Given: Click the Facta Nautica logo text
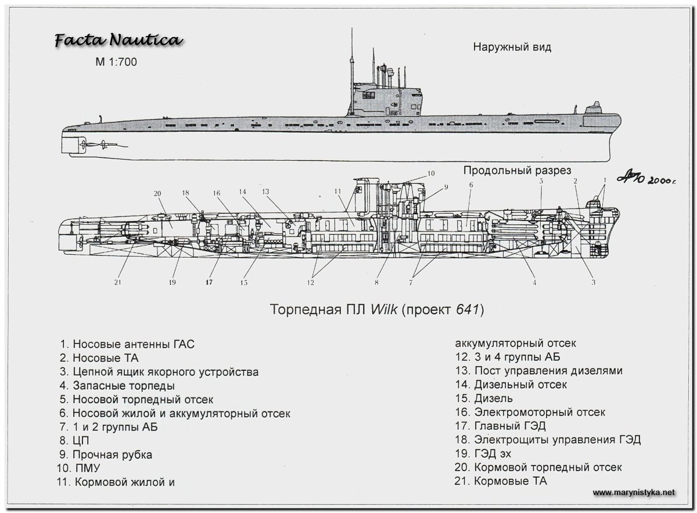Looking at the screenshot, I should pyautogui.click(x=118, y=41).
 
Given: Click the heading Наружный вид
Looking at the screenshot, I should pyautogui.click(x=511, y=48).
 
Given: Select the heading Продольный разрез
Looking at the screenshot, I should pyautogui.click(x=517, y=170).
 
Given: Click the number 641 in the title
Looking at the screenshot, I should pyautogui.click(x=466, y=310).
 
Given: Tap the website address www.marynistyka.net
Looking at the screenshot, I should pyautogui.click(x=634, y=492).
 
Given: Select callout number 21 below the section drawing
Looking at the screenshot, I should pyautogui.click(x=118, y=283).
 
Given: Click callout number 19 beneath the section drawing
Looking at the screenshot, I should pyautogui.click(x=172, y=283).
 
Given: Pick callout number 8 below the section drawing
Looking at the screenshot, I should pyautogui.click(x=376, y=283).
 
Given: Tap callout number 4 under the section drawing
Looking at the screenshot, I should pyautogui.click(x=534, y=283).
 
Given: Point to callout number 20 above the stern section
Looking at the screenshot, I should pyautogui.click(x=157, y=194).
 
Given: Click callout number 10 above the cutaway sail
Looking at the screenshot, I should pyautogui.click(x=430, y=174).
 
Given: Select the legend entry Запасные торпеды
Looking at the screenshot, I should pyautogui.click(x=124, y=386).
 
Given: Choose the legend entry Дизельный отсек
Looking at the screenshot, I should pyautogui.click(x=520, y=384).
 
